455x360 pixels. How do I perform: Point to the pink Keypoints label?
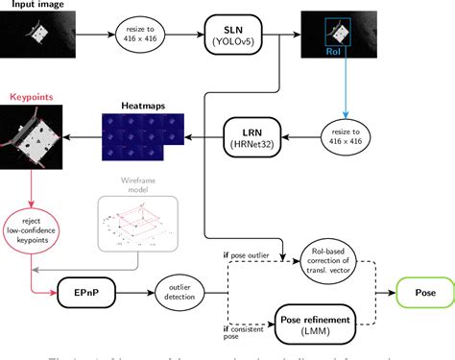coord(33,97)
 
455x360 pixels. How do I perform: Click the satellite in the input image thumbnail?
coord(36,37)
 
